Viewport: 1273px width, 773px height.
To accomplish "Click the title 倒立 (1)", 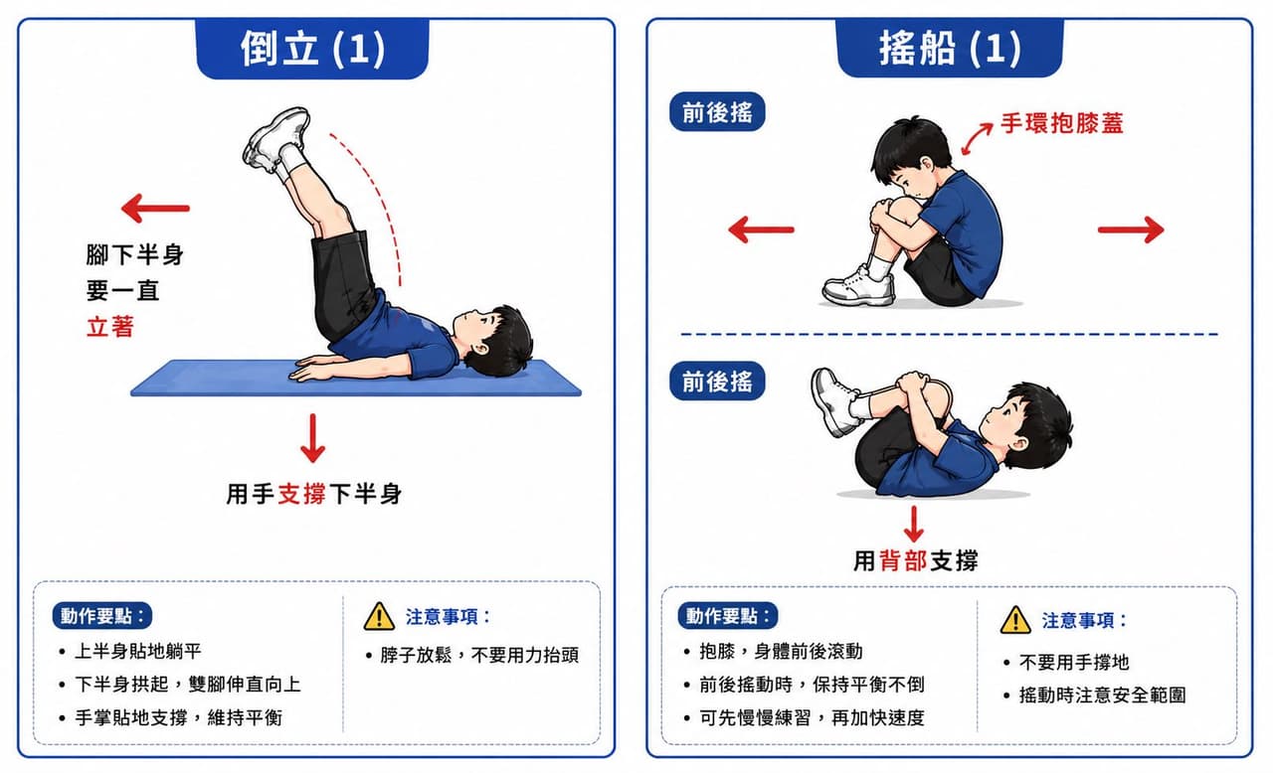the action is (x=312, y=49).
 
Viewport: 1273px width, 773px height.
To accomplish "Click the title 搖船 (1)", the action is (x=950, y=49).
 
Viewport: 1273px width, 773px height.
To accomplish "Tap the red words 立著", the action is (x=110, y=328).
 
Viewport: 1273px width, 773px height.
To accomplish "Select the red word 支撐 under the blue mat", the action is (x=301, y=494).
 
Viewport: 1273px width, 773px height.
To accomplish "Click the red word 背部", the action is (x=903, y=561).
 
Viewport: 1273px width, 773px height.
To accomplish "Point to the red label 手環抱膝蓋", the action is (x=1061, y=123).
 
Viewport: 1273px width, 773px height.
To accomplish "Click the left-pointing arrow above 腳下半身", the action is (x=155, y=209).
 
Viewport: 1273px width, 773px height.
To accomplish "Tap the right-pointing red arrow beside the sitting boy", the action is (x=1131, y=230).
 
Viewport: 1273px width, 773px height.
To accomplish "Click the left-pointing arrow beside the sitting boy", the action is (x=761, y=230).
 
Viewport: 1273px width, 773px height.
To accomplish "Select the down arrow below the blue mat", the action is (x=312, y=438).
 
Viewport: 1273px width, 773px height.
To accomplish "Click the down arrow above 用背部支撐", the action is (x=913, y=525).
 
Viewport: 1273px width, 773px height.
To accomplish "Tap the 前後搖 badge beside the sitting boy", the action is (x=717, y=112).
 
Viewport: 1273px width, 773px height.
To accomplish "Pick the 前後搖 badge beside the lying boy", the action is (x=717, y=381).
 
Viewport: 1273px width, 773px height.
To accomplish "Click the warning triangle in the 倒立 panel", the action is (x=379, y=616).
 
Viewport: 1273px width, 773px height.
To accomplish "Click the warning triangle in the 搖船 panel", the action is (x=1015, y=619).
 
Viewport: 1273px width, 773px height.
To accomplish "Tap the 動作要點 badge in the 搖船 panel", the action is (x=727, y=616).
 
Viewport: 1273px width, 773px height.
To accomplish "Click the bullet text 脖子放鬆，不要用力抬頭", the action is (x=479, y=656).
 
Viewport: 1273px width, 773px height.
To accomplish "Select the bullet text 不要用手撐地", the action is (x=1073, y=663).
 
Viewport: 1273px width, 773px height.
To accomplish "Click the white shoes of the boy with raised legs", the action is (x=276, y=140).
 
